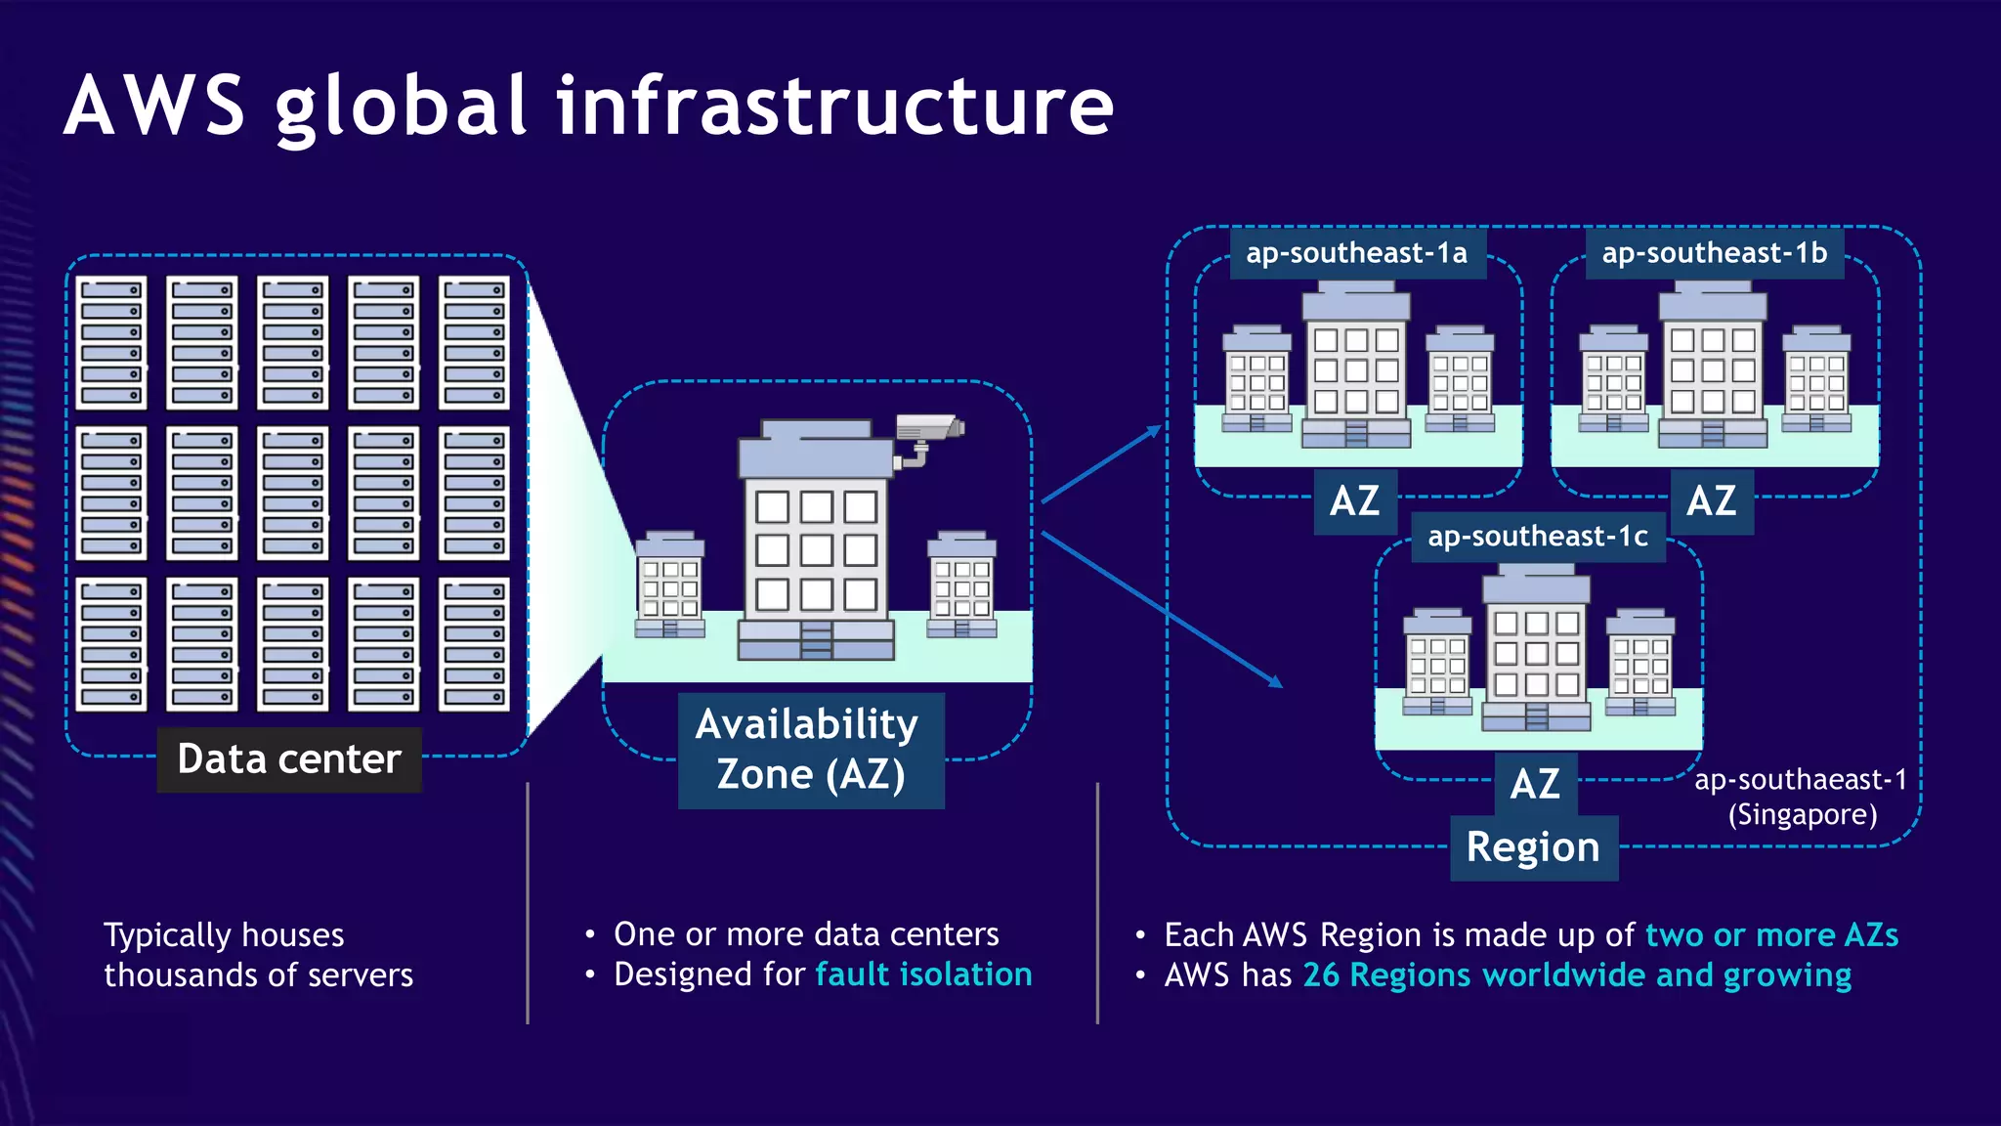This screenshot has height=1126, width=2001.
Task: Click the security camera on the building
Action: (928, 431)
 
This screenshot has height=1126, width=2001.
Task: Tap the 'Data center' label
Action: (289, 758)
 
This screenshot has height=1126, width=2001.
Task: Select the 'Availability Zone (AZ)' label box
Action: (810, 750)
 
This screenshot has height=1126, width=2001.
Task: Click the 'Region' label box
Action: (1533, 847)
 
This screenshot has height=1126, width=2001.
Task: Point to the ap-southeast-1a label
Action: (1356, 253)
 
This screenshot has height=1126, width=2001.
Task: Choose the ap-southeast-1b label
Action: (1714, 253)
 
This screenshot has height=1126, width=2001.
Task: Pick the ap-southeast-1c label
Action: (1537, 537)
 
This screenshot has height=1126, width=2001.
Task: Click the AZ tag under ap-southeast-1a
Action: (1354, 501)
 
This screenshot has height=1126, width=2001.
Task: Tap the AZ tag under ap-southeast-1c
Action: (1535, 784)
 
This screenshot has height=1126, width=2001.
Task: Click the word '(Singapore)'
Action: (1802, 814)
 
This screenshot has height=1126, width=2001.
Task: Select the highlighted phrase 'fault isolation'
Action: (923, 974)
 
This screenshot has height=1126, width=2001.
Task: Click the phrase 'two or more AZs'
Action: (1771, 935)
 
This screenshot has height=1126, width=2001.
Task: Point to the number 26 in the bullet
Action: (1321, 975)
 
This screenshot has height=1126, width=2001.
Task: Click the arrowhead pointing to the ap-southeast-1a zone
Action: (1155, 430)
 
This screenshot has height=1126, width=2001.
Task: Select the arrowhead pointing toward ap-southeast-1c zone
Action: (1275, 681)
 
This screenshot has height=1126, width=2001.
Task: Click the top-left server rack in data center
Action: (111, 342)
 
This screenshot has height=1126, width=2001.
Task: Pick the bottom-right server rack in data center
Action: (474, 643)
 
